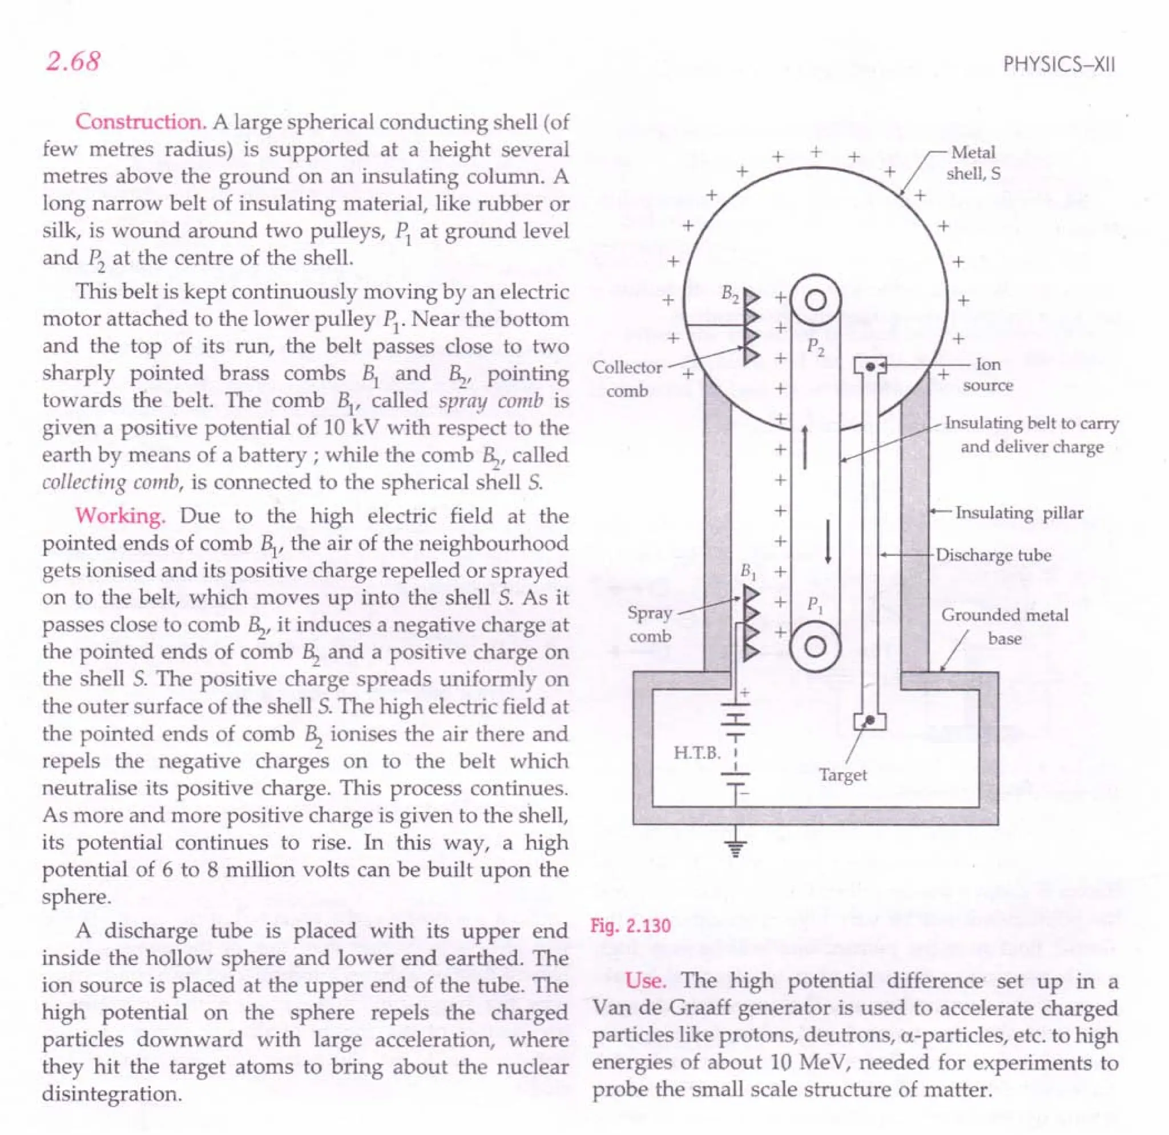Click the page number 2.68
72,62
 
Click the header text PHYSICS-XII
1059,65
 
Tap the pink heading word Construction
141,122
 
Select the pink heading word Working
120,516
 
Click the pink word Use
646,980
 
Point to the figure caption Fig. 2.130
630,925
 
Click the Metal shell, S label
973,163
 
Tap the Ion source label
987,375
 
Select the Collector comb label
627,379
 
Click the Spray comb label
650,624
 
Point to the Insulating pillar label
1019,513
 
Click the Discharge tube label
993,555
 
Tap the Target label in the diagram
842,775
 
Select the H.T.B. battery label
696,752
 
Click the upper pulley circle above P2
815,300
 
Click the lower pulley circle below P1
815,647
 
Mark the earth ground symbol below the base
735,847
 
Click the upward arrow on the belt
805,447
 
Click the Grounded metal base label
1005,626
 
